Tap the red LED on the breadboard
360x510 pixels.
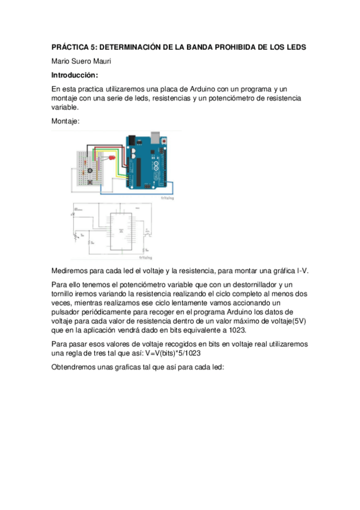click(110, 157)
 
